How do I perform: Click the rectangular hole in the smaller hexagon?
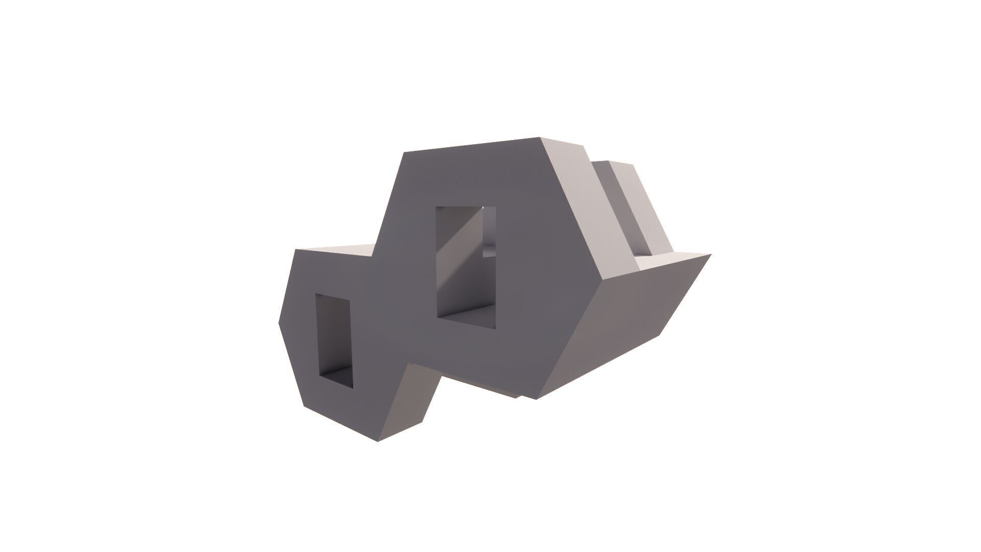(334, 340)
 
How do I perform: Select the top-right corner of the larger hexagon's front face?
(541, 137)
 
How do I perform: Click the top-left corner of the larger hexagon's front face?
(404, 152)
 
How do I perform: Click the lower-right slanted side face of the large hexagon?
(628, 327)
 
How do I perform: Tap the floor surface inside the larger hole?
(470, 317)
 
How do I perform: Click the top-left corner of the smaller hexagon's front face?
(296, 249)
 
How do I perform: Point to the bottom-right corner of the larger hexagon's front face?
(535, 399)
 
